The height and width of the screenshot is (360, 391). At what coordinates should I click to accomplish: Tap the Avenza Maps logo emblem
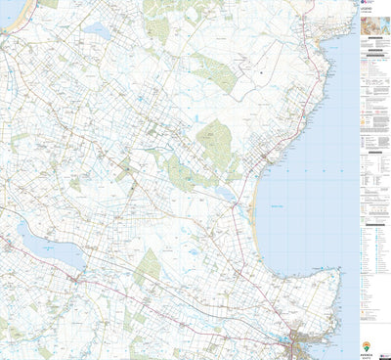tap(367, 345)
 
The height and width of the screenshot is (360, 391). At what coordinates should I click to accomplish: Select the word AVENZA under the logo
tap(367, 354)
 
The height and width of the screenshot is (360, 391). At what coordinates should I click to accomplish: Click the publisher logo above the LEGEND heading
tap(365, 5)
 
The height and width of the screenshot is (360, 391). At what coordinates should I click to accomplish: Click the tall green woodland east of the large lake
tap(147, 265)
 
